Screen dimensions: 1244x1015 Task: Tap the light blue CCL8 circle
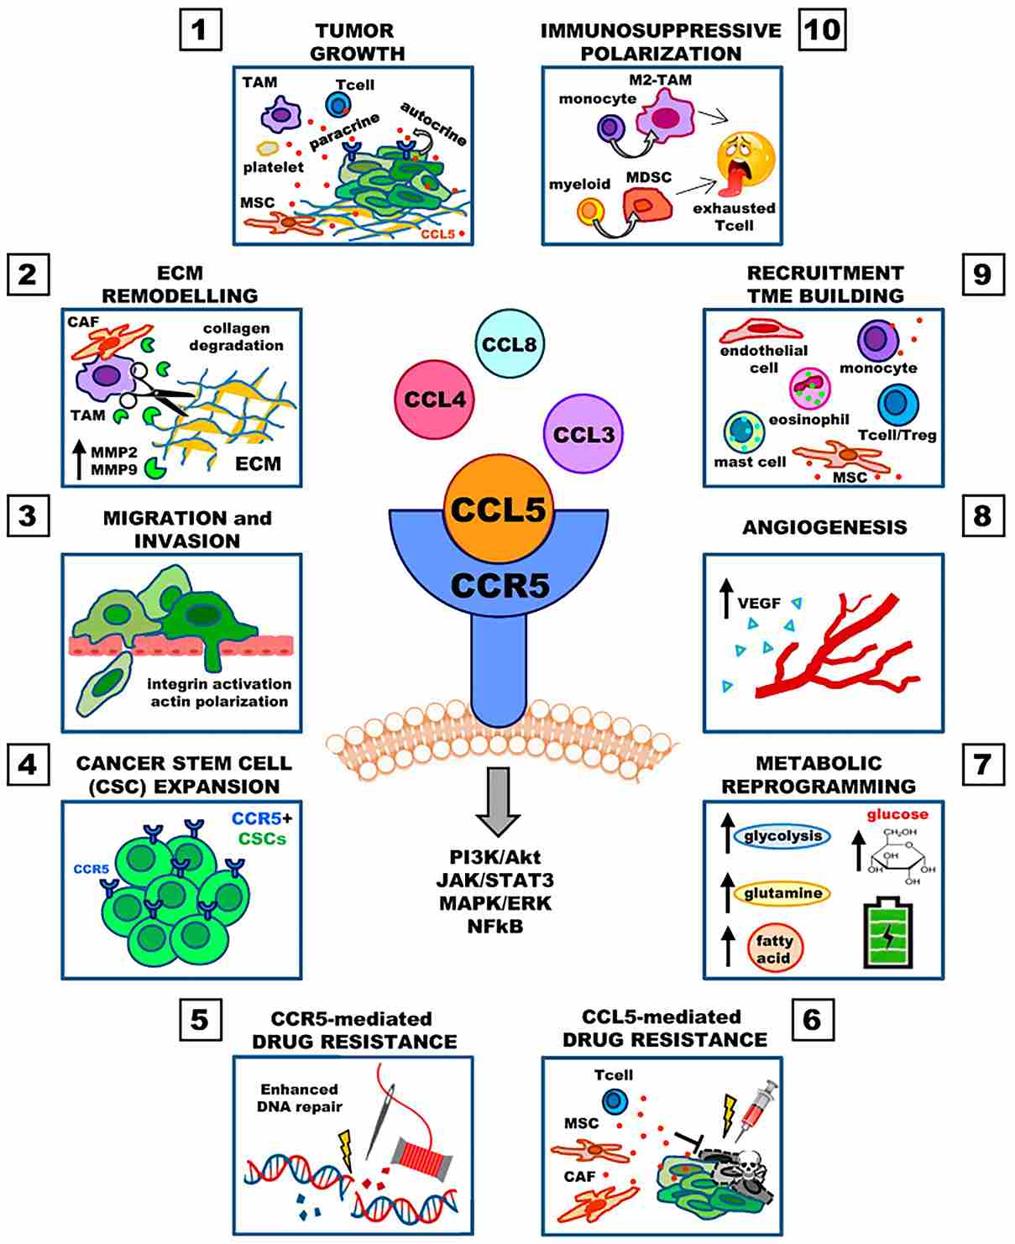[509, 344]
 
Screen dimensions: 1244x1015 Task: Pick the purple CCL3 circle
[583, 433]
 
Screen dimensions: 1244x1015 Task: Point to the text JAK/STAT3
[495, 881]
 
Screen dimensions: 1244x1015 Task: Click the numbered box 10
[822, 29]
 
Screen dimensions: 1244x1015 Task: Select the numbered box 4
[28, 766]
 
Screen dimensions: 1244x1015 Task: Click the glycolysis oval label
[782, 837]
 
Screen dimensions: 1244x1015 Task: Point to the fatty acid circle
[775, 949]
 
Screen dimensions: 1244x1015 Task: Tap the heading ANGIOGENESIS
[824, 527]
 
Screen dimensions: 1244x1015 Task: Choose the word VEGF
[759, 603]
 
